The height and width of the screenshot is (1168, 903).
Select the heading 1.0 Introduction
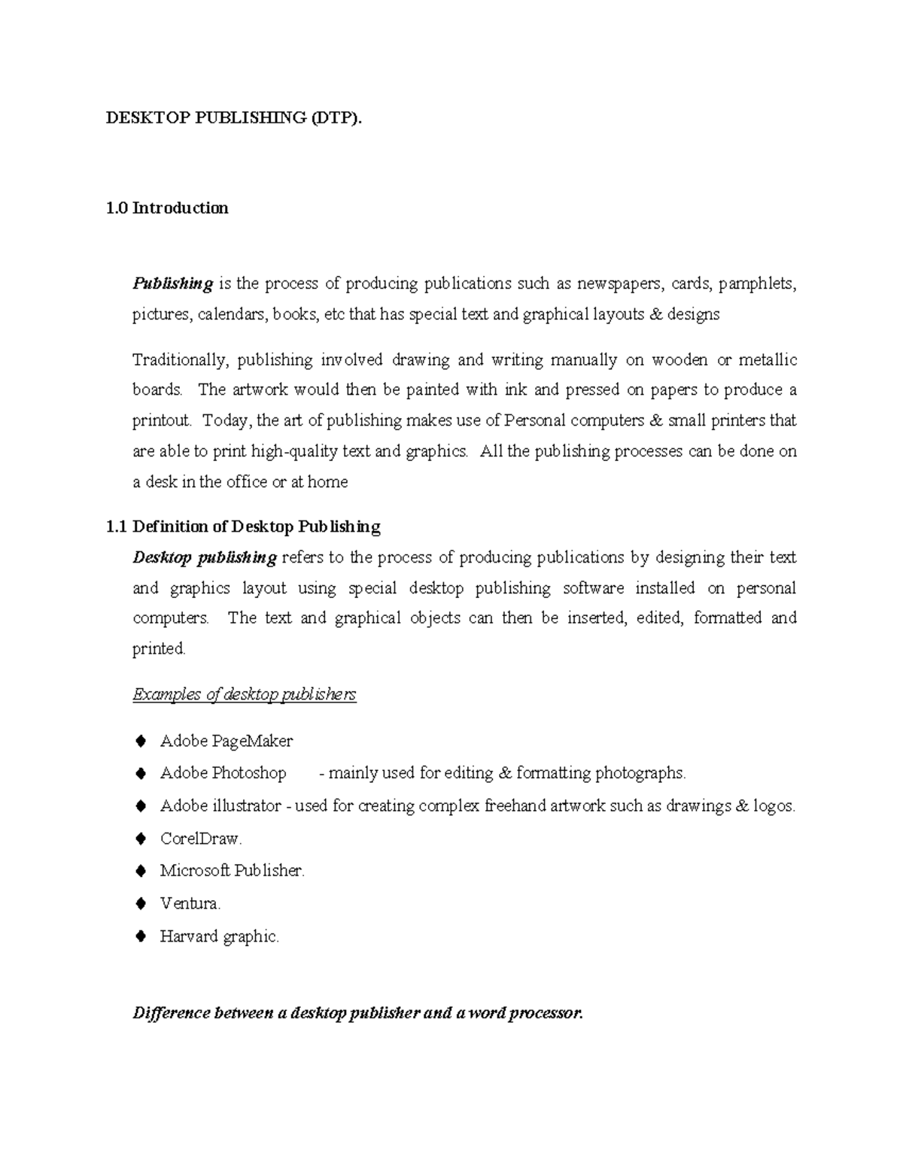pyautogui.click(x=167, y=208)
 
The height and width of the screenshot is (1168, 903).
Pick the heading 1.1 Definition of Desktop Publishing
pyautogui.click(x=244, y=526)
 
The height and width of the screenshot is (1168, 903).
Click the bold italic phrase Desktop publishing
pyautogui.click(x=205, y=557)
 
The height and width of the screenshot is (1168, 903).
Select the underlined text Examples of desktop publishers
pyautogui.click(x=245, y=694)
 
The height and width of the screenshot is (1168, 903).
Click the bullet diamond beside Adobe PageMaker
pyautogui.click(x=140, y=742)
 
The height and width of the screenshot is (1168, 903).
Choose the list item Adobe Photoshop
pyautogui.click(x=223, y=773)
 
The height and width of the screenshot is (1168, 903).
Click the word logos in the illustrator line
pyautogui.click(x=774, y=806)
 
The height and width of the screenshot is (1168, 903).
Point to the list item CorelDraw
pyautogui.click(x=200, y=839)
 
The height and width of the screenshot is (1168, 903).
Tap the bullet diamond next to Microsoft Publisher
pyautogui.click(x=140, y=871)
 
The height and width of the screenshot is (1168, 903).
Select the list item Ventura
pyautogui.click(x=190, y=903)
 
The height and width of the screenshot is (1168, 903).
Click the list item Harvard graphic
pyautogui.click(x=219, y=936)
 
